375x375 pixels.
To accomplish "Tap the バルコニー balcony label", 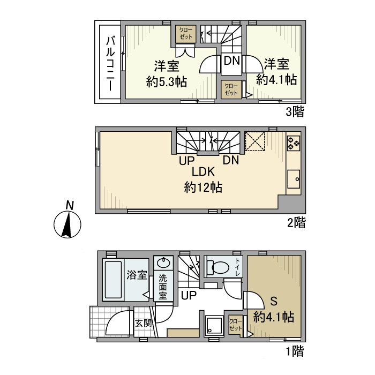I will tap(110, 63).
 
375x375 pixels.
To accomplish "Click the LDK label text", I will tap(203, 172).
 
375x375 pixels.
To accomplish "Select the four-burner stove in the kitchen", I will tap(294, 142).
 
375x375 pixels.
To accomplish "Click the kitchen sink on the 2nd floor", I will tap(294, 178).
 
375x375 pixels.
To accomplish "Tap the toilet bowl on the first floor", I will tap(219, 267).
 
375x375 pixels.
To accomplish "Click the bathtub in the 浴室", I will tap(113, 281).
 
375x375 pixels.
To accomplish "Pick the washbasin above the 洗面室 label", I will tap(163, 264).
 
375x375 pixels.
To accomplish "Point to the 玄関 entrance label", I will tap(143, 323).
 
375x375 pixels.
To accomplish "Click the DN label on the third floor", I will tap(231, 61).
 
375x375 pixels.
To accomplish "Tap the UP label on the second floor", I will tap(186, 159).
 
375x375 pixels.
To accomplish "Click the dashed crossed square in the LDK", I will tap(256, 142).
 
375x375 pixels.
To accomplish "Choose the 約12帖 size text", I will tap(203, 187).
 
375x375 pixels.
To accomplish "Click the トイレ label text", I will tap(238, 268).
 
